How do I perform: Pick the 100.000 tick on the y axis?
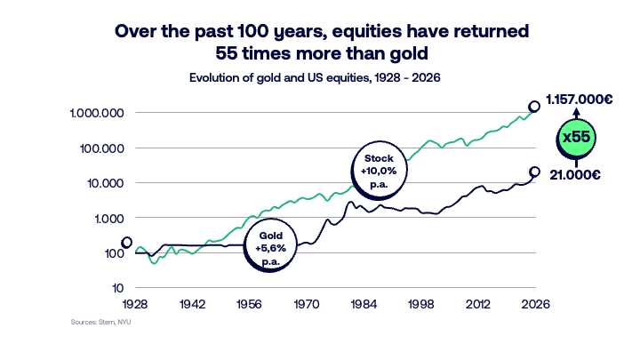(103, 148)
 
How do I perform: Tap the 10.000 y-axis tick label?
(107, 183)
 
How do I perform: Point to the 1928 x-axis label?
(136, 304)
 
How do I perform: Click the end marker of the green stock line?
(534, 106)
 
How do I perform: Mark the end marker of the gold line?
(534, 172)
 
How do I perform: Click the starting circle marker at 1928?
(127, 242)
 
